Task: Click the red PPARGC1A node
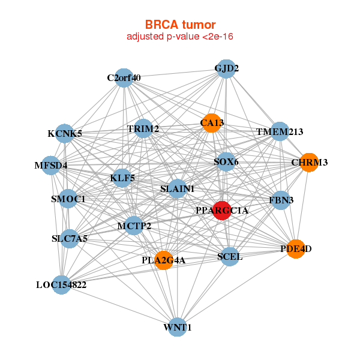pyautogui.click(x=222, y=211)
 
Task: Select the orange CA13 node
pyautogui.click(x=211, y=123)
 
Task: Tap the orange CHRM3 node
pyautogui.click(x=308, y=163)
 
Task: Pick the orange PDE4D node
pyautogui.click(x=296, y=248)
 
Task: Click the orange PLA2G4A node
pyautogui.click(x=164, y=260)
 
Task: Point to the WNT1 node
pyautogui.click(x=177, y=327)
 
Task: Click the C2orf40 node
pyautogui.click(x=124, y=78)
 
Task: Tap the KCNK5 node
pyautogui.click(x=65, y=134)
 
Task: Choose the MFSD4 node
pyautogui.click(x=51, y=165)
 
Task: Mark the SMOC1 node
pyautogui.click(x=68, y=199)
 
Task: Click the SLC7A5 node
pyautogui.click(x=70, y=239)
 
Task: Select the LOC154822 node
pyautogui.click(x=61, y=284)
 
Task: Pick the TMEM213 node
pyautogui.click(x=280, y=132)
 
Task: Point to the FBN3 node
pyautogui.click(x=281, y=199)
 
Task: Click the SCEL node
pyautogui.click(x=229, y=257)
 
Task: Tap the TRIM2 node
pyautogui.click(x=143, y=129)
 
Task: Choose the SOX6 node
pyautogui.click(x=224, y=162)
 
